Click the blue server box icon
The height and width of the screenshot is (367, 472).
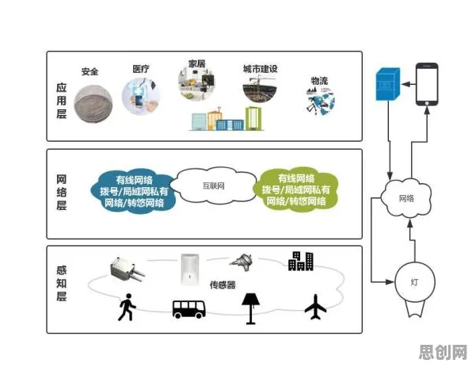pyautogui.click(x=388, y=84)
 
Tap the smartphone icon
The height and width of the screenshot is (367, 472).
pyautogui.click(x=427, y=84)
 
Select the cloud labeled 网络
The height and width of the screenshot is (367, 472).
pyautogui.click(x=406, y=197)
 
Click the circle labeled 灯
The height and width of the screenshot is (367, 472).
pyautogui.click(x=415, y=282)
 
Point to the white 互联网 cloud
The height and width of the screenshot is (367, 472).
pyautogui.click(x=214, y=185)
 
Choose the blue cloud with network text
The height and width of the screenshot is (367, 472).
pyautogui.click(x=134, y=192)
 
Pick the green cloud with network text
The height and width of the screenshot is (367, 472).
pyautogui.click(x=296, y=189)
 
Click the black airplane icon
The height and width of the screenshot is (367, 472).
pyautogui.click(x=315, y=307)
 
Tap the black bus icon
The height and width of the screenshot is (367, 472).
pyautogui.click(x=189, y=309)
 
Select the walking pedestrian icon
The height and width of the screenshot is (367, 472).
pyautogui.click(x=127, y=307)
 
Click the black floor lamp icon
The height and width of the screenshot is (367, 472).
pyautogui.click(x=251, y=308)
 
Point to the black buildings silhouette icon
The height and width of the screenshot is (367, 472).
pyautogui.click(x=301, y=261)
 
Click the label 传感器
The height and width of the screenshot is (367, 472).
pyautogui.click(x=223, y=285)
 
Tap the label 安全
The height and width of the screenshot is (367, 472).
pyautogui.click(x=89, y=71)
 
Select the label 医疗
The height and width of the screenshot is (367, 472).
pyautogui.click(x=141, y=69)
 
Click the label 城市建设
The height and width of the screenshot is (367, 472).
pyautogui.click(x=260, y=69)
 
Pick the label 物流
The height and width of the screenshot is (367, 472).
pyautogui.click(x=319, y=81)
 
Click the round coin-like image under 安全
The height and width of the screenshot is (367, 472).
pyautogui.click(x=93, y=103)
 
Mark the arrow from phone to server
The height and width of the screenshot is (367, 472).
pyautogui.click(x=408, y=84)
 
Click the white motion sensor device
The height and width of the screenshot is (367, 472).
pyautogui.click(x=190, y=269)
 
